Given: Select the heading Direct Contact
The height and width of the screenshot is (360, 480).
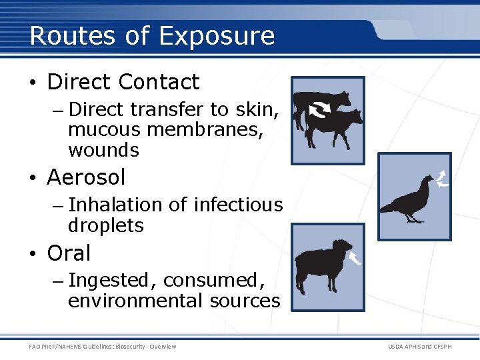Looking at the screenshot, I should pos(123,82).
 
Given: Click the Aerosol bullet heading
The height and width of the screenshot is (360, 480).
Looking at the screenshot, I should pos(86,177).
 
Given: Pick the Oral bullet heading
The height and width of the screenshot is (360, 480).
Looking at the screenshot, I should pos(69,253).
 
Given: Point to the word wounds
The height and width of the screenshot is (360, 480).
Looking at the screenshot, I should pos(103,150).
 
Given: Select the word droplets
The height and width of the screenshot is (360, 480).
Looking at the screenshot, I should pos(105,225).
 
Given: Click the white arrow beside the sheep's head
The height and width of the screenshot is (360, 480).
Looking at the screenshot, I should pos(354,257).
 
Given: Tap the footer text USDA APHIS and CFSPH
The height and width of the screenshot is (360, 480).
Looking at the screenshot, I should pos(419,347).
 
